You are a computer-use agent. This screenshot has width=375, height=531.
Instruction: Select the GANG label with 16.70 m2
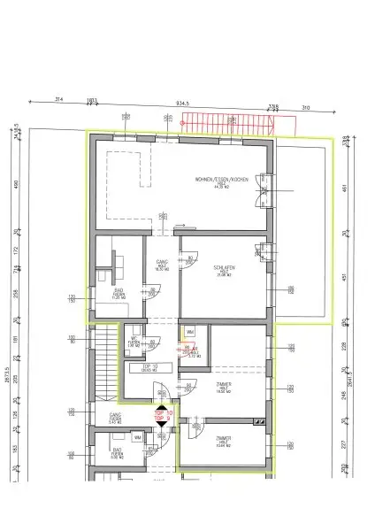(x=162, y=263)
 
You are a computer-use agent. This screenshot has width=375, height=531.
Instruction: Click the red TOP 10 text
(x=163, y=413)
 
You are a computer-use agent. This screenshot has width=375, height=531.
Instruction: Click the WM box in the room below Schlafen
(x=189, y=333)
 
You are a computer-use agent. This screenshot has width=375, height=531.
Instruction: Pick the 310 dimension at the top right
(x=306, y=108)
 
